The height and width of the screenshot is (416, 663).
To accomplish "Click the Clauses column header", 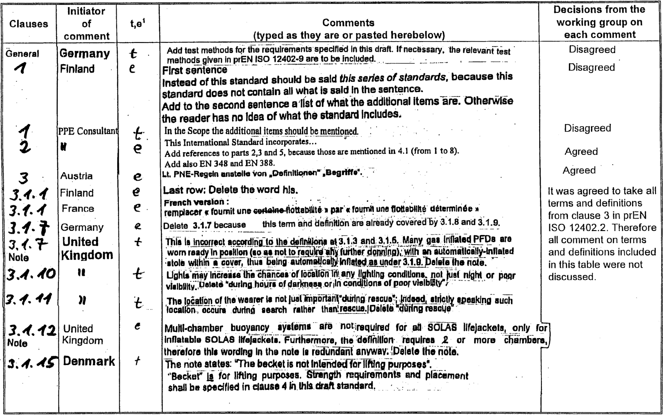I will (x=29, y=24).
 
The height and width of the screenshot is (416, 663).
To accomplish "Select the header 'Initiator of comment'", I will (x=86, y=24).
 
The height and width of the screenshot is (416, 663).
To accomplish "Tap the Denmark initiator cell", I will (x=89, y=361).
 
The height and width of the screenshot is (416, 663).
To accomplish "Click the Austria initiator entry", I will (x=76, y=176).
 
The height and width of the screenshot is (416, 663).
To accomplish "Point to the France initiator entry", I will (x=78, y=208).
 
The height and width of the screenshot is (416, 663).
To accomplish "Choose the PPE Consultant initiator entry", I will (x=88, y=131).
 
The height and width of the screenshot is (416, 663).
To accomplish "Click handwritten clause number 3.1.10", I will (x=31, y=274).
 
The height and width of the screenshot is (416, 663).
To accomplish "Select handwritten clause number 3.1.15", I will (x=32, y=363).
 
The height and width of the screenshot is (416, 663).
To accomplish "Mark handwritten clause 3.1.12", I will (x=32, y=330).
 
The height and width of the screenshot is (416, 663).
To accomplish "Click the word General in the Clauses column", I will (x=22, y=54).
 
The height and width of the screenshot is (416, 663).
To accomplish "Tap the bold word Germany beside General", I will (x=85, y=54).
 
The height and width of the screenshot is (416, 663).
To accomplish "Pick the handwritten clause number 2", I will (x=24, y=147).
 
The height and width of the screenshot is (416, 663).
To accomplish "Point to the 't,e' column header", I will (x=136, y=24).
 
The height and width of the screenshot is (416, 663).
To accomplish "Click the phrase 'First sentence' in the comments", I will (x=194, y=70).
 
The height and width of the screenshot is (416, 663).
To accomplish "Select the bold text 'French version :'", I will (x=194, y=202).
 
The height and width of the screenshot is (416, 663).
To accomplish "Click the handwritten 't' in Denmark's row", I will (x=137, y=361).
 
